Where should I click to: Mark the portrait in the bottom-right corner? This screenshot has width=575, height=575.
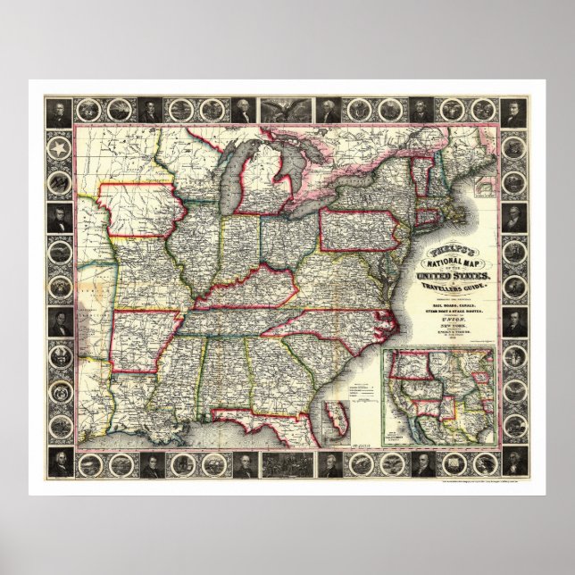pyautogui.click(x=515, y=462)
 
